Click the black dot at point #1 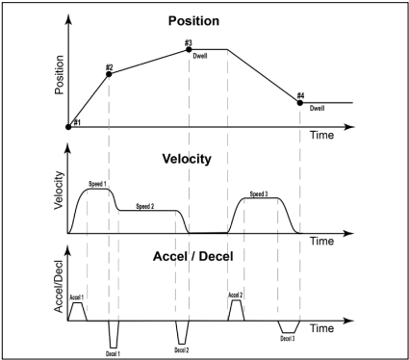point(68,125)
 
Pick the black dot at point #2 point(109,73)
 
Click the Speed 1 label point(97,183)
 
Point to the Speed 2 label point(145,206)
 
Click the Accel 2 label point(235,295)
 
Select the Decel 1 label point(113,354)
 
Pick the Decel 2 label point(182,350)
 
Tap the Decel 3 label point(288,338)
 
